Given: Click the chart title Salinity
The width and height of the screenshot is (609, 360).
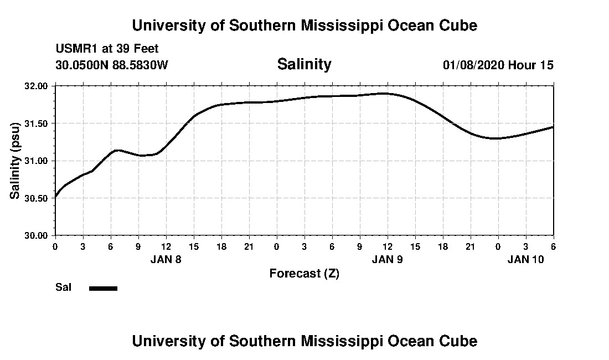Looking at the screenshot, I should coord(304,64).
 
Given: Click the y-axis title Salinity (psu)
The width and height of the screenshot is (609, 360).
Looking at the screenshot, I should coord(16,160).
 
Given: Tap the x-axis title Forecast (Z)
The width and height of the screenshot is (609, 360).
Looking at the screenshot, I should coord(304,273).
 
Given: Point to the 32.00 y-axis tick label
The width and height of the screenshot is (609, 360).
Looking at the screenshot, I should coord(36,86).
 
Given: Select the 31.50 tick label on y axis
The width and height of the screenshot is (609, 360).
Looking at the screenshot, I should coord(36,124).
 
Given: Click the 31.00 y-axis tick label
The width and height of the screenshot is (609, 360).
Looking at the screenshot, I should coord(36,161).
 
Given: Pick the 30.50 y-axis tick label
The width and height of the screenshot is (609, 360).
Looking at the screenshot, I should coord(36,198).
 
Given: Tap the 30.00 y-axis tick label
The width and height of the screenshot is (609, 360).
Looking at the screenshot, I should coord(36,235).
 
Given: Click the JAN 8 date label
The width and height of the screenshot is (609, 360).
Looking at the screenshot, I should coord(166,259).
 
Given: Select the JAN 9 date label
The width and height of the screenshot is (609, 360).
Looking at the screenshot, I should coord(388,259).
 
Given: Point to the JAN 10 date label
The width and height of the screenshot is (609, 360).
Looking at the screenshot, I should coord(526,259).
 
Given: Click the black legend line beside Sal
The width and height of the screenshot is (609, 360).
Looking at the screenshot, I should coord(103,288).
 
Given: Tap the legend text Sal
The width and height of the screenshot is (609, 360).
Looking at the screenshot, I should coord(63,287).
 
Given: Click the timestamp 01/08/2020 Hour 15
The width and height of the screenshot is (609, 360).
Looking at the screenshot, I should coord(498,65).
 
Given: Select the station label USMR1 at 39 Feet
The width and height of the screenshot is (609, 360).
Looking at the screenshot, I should coord(107,49).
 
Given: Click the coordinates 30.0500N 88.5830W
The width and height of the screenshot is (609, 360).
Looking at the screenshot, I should coord(111,65).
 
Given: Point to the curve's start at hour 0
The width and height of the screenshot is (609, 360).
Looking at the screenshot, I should coord(56,196).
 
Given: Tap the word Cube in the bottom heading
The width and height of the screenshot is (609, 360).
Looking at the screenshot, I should coord(459,341).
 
